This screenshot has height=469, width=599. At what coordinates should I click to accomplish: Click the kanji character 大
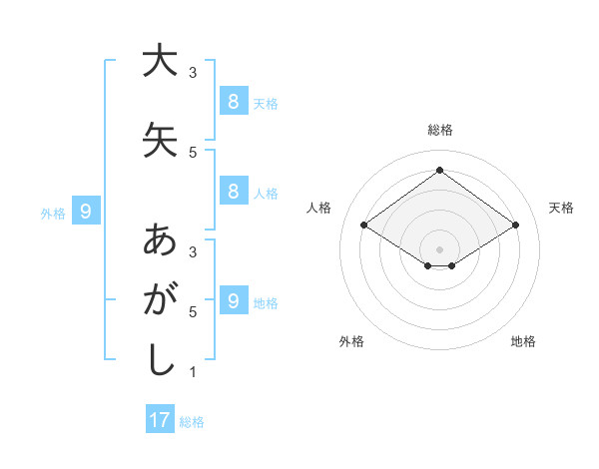[159, 61]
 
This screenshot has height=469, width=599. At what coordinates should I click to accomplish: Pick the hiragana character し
[159, 359]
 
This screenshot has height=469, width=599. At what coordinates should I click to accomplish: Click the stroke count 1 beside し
[193, 372]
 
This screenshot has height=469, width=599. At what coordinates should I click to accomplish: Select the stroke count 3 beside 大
[193, 73]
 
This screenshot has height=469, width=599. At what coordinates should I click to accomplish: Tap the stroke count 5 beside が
[193, 312]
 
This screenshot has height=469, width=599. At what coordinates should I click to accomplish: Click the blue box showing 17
[160, 420]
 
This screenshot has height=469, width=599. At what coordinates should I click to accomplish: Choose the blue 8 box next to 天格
[233, 101]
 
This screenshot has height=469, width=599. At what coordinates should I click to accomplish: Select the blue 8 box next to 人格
[233, 192]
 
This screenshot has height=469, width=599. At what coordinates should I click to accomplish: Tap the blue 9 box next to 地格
[233, 301]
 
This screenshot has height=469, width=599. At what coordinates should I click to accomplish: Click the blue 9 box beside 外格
[86, 211]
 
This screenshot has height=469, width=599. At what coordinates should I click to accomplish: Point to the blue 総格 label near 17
[192, 422]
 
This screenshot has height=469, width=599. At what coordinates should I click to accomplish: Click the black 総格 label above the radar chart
[439, 130]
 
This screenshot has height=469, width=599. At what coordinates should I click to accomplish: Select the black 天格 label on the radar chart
[561, 208]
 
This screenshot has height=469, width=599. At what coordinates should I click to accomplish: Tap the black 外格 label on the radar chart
[351, 341]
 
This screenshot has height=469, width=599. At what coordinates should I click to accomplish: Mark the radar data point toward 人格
[364, 226]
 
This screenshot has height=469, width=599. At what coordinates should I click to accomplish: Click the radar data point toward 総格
[439, 171]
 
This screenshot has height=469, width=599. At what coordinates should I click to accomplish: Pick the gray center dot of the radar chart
[439, 248]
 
